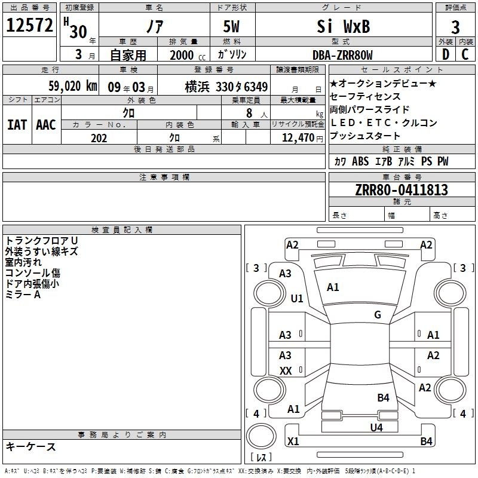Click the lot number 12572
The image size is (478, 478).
tap(29, 25)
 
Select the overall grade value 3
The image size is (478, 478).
tap(455, 27)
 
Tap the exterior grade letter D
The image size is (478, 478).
tap(446, 54)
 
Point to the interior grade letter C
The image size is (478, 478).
tap(465, 54)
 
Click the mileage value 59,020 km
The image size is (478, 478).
tap(73, 86)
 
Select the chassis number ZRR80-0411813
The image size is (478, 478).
tap(402, 190)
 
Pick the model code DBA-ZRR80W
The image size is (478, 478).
tap(342, 55)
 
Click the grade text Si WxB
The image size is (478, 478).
tap(343, 26)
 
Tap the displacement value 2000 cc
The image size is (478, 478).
tap(188, 55)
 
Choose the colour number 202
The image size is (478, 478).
tap(99, 138)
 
